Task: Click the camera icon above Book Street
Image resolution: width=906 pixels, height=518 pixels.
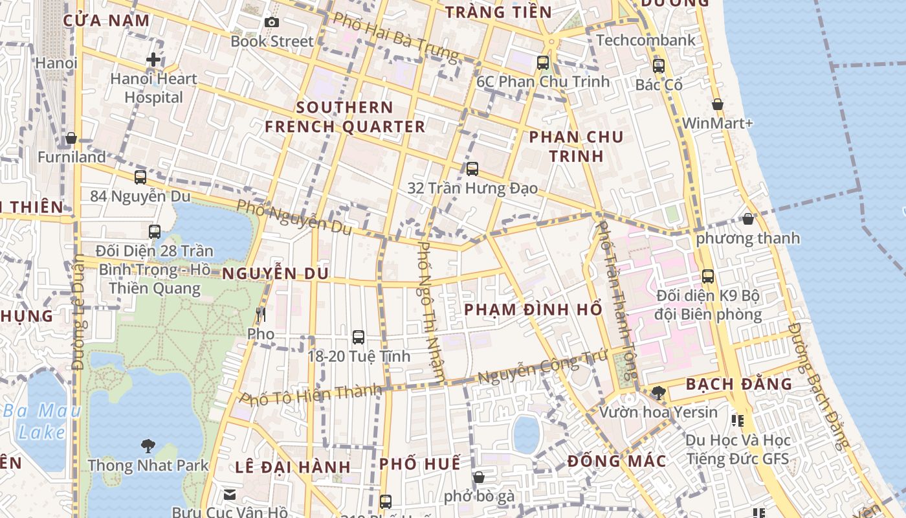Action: point(272,23)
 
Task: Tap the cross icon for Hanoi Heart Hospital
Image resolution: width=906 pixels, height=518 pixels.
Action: point(153,60)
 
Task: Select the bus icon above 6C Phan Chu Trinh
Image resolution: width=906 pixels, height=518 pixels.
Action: point(543,63)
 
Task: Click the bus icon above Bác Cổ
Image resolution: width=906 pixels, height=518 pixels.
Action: point(659,65)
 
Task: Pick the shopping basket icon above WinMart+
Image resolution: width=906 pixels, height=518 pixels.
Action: point(717,104)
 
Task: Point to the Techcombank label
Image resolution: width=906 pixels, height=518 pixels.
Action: point(646,40)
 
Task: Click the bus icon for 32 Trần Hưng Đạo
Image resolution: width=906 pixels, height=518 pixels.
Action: point(472,169)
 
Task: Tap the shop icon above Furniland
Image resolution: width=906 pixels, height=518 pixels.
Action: point(71,138)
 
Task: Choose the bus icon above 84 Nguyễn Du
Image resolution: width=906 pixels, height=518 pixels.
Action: point(140,177)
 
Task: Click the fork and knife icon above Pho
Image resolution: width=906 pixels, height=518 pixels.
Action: point(261,315)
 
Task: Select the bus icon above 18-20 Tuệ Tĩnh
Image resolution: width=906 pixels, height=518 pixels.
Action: point(359,337)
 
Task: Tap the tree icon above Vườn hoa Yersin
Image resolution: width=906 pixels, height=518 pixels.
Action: point(658,392)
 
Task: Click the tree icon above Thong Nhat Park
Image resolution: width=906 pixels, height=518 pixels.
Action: point(148,445)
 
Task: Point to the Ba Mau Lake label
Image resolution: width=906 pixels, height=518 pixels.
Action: point(42,421)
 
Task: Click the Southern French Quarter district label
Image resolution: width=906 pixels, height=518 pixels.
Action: point(345,117)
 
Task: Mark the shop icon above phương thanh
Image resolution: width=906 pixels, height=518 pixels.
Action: point(748,219)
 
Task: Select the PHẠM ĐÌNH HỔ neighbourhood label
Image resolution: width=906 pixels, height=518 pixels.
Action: point(533,310)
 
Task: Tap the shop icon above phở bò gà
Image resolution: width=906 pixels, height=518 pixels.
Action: point(479,477)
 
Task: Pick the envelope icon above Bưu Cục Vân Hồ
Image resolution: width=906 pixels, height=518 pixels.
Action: point(230,495)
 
